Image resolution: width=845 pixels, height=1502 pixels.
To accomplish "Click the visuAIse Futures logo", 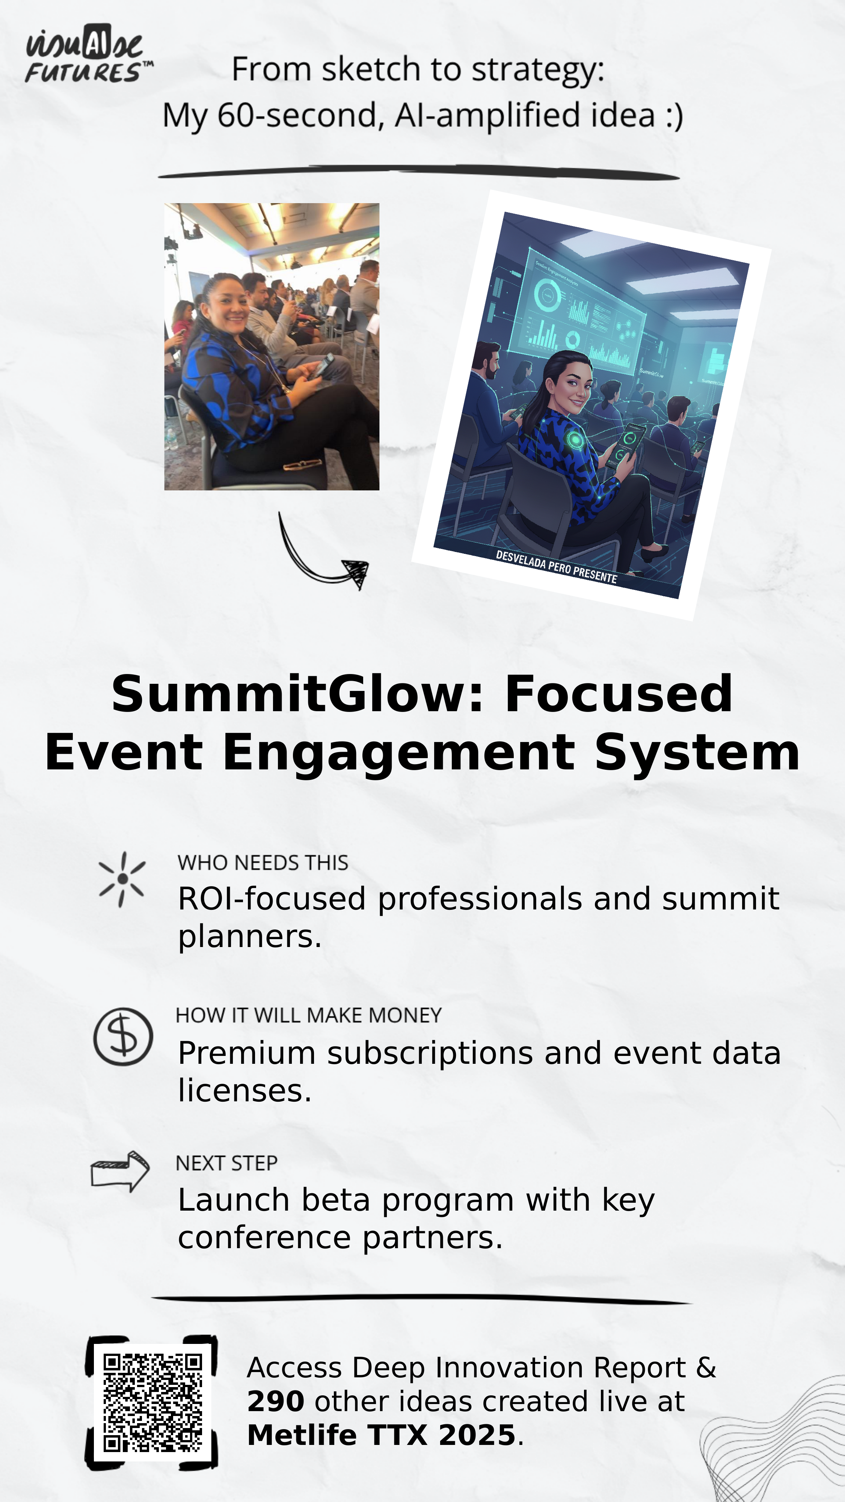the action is pyautogui.click(x=89, y=53).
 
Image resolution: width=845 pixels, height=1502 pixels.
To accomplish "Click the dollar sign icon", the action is pyautogui.click(x=123, y=1037).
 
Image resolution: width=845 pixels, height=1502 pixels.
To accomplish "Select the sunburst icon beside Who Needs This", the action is pyautogui.click(x=122, y=879).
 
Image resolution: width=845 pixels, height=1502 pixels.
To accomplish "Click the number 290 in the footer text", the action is pyautogui.click(x=275, y=1402).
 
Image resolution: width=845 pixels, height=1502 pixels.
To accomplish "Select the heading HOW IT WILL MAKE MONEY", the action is pyautogui.click(x=308, y=1016).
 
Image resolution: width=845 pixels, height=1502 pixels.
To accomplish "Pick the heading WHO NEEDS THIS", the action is pyautogui.click(x=263, y=863).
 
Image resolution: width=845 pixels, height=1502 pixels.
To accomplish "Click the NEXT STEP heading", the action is pyautogui.click(x=226, y=1163).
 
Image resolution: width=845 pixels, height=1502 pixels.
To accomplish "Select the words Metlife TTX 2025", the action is pyautogui.click(x=382, y=1435).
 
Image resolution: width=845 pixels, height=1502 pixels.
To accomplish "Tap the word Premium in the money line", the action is pyautogui.click(x=247, y=1054).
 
